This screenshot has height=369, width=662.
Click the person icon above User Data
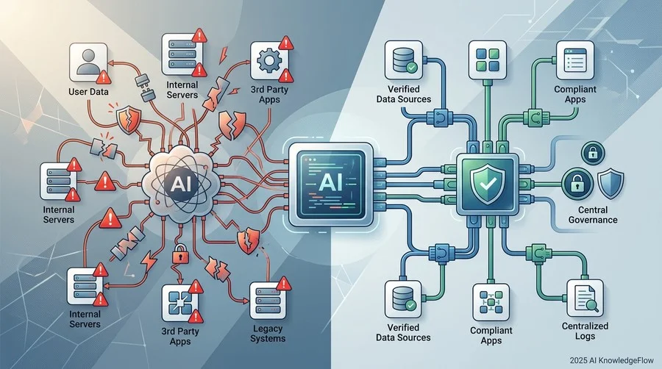point(89,62)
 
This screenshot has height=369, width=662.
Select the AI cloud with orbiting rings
point(181,184)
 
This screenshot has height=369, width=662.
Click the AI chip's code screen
point(330,184)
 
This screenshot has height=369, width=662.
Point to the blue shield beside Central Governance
point(611,184)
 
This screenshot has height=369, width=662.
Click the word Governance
point(593,220)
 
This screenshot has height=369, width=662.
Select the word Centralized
point(585,326)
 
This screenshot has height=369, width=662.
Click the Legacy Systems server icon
point(268,301)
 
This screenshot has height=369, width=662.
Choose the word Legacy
point(268,329)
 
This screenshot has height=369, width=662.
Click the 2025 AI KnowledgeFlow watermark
point(611,360)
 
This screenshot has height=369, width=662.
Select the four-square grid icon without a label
point(488,60)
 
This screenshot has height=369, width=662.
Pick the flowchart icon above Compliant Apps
point(491,302)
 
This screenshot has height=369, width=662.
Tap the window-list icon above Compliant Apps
point(574,60)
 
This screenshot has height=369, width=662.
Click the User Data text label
point(88,91)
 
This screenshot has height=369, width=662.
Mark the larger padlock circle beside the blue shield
point(577,184)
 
